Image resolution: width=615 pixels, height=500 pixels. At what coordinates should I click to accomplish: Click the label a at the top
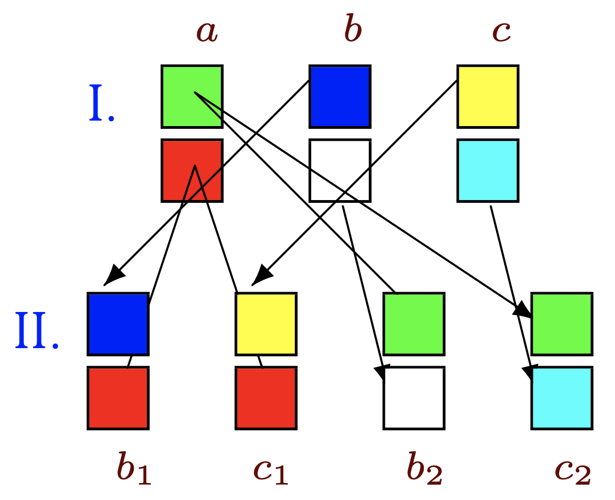point(207,31)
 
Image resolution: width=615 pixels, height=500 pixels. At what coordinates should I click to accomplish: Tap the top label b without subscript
point(352,30)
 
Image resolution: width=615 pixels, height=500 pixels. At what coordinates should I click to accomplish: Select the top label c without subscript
point(502,31)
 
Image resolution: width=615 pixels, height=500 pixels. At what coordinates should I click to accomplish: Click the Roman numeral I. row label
point(102,104)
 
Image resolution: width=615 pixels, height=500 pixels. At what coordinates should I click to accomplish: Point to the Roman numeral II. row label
point(36,331)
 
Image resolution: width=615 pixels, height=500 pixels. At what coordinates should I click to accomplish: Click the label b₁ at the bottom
point(133,469)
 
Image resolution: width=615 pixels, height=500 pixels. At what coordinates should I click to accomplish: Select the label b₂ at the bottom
point(424,469)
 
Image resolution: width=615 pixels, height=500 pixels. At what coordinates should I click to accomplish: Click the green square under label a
point(192,96)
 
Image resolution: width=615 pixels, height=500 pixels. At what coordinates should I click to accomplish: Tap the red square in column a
point(192,171)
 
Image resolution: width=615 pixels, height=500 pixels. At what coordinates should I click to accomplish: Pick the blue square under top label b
point(340,96)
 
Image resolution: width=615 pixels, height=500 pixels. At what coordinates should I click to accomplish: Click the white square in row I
point(340,171)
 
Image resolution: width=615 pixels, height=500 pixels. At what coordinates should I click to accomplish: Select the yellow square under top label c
point(488,96)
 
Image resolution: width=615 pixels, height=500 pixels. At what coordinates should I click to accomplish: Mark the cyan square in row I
point(488,171)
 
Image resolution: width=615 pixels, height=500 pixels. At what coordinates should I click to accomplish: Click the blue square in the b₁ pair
point(118,324)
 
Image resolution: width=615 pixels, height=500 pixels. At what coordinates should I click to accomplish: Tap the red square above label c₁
point(266,398)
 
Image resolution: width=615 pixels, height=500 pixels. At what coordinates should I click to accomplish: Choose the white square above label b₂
point(414,398)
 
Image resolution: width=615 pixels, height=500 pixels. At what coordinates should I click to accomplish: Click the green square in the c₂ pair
point(562,324)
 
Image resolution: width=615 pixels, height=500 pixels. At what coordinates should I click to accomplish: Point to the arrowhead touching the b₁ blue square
point(112,276)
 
